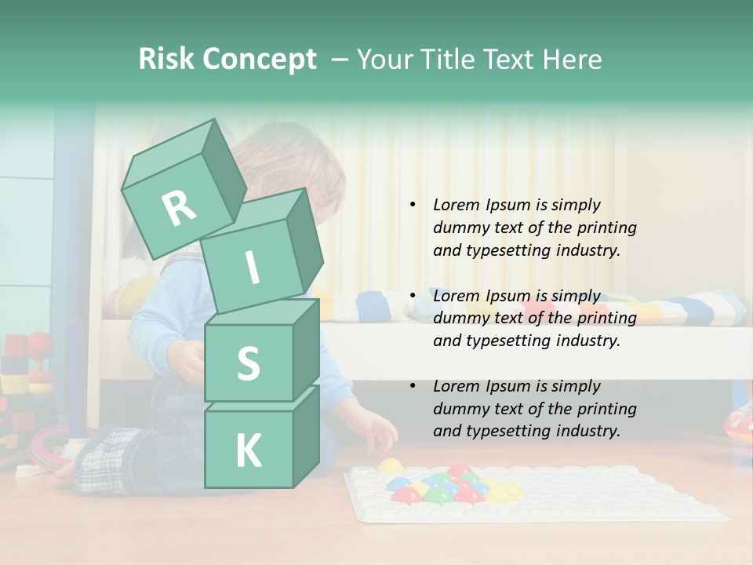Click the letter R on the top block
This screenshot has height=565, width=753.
(179, 209)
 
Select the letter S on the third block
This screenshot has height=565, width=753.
(248, 364)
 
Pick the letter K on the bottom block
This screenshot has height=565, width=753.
(248, 451)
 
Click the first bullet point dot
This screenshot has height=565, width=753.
(413, 205)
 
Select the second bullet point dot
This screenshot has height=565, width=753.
(413, 296)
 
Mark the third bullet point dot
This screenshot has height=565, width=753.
(413, 386)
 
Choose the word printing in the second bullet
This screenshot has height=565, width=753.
(606, 318)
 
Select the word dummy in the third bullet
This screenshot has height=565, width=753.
(460, 409)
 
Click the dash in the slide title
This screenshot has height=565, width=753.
(340, 60)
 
